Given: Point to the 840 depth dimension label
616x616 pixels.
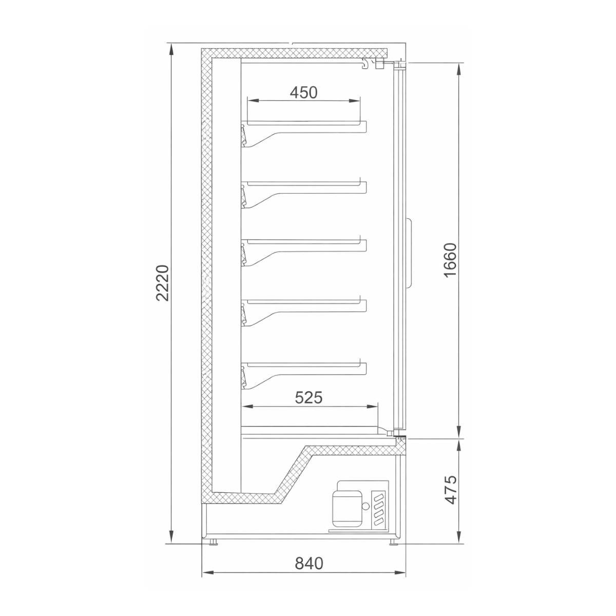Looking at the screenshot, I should (309, 563).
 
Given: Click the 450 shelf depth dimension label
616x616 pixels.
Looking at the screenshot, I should (304, 92).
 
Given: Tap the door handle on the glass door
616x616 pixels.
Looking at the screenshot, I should (409, 253).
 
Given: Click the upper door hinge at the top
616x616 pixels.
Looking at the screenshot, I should (398, 64).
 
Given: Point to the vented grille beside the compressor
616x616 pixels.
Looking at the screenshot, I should (379, 508).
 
